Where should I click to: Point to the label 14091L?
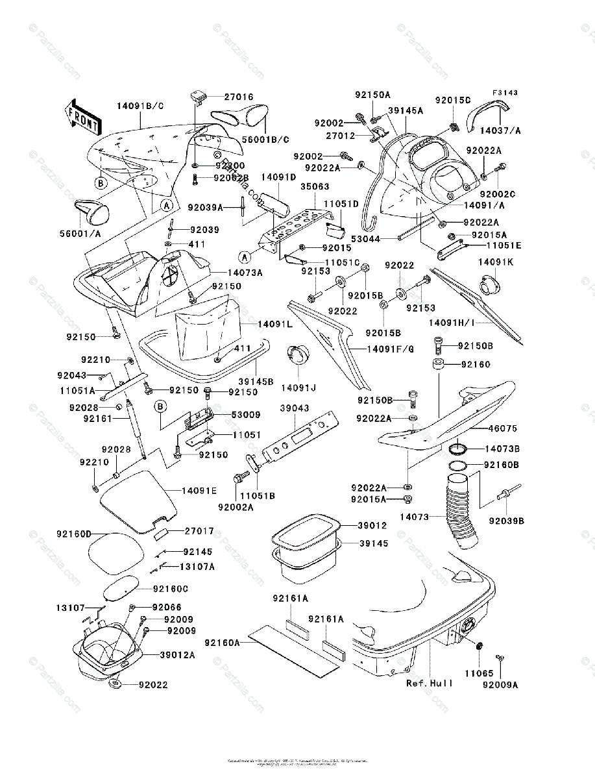(x=275, y=323)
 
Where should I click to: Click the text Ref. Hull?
(x=430, y=683)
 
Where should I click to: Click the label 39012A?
(x=178, y=655)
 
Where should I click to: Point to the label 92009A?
(x=500, y=684)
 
